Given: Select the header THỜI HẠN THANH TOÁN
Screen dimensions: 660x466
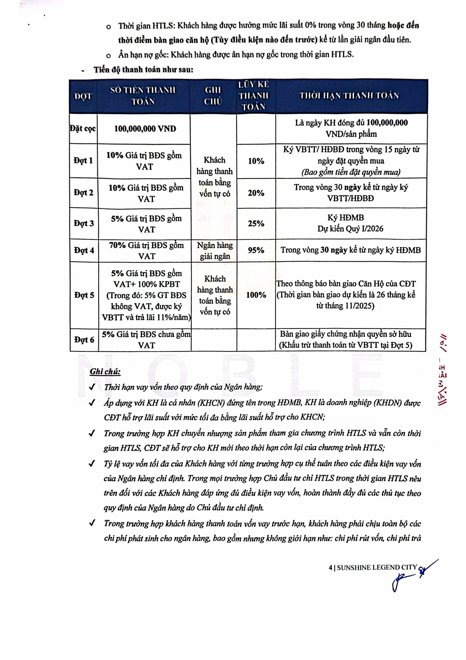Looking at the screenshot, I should pos(349,96).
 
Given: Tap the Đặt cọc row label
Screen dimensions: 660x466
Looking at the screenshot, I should pos(83,128).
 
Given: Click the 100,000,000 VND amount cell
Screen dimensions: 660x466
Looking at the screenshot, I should pos(145,128).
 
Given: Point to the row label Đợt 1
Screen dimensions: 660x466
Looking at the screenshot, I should pos(83,160).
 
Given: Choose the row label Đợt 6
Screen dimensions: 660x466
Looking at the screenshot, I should pos(84,340).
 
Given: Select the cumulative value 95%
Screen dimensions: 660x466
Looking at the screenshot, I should pos(256,250).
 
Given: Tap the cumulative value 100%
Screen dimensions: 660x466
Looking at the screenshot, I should pos(256,295).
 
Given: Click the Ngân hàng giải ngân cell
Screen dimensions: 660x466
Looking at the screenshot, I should pos(215,250).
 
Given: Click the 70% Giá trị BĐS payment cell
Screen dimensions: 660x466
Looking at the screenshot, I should pos(146,250).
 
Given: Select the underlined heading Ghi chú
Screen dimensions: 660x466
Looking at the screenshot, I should pos(105,372).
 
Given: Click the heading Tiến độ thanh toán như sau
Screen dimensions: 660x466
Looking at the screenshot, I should pos(143,70).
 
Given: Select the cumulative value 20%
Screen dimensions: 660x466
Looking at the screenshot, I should pos(256,193).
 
